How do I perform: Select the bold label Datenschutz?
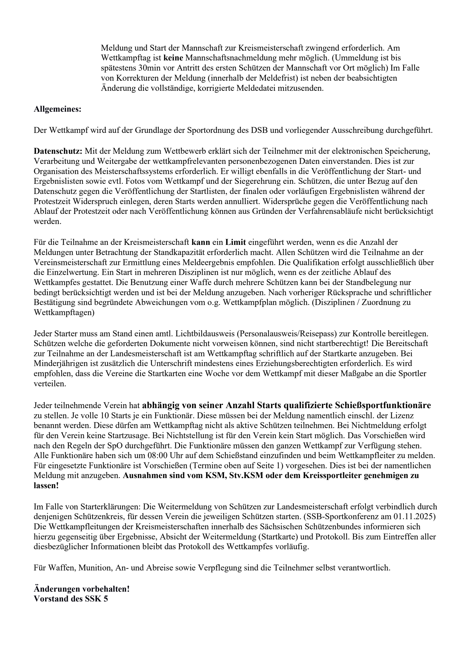tap(58, 151)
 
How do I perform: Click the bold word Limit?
tap(235, 243)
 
